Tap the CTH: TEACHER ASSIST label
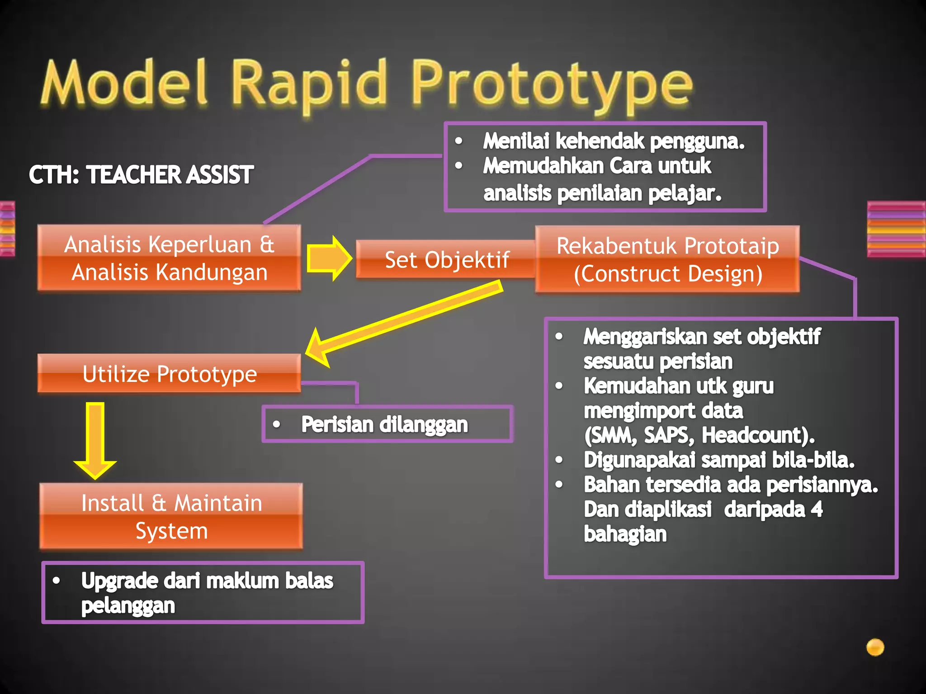point(141,175)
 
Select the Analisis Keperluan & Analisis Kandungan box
point(169,258)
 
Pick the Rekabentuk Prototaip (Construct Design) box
point(667,260)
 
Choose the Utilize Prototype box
point(169,374)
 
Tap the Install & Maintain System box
point(171,516)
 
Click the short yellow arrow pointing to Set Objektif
point(328,258)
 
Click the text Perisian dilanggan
point(384,425)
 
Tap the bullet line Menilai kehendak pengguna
point(613,141)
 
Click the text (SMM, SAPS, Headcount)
point(699,436)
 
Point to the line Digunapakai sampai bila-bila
point(719,460)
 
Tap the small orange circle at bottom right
point(875,647)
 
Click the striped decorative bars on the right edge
point(896,229)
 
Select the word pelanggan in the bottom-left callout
point(128,606)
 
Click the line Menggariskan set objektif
point(702,337)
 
